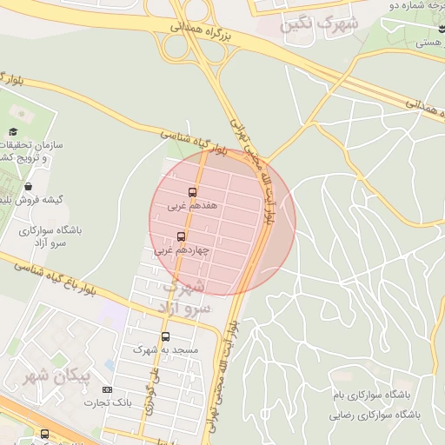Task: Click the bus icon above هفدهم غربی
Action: tap(192, 192)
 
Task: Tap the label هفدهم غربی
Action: tap(189, 207)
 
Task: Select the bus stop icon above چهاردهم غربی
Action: tap(182, 236)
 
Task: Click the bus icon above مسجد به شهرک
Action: tap(166, 336)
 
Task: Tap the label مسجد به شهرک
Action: tap(166, 349)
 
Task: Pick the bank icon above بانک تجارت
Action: tap(107, 389)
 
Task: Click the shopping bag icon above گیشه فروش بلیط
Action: tap(29, 186)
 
